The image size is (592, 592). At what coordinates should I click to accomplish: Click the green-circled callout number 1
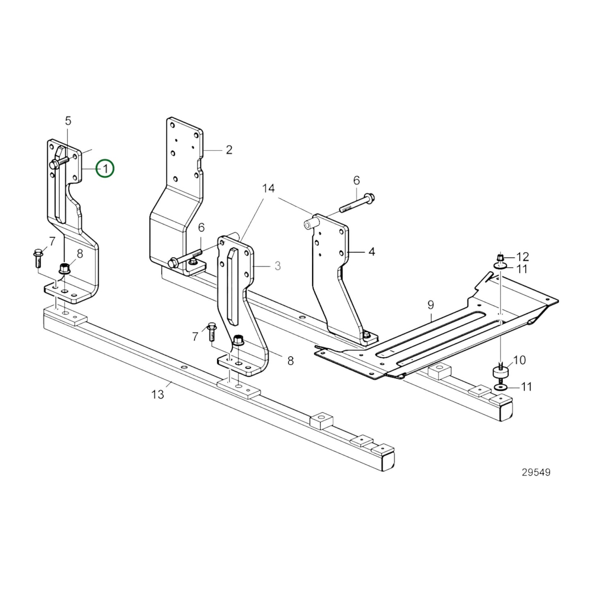pyautogui.click(x=105, y=169)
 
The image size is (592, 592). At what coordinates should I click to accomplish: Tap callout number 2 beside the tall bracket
pyautogui.click(x=229, y=150)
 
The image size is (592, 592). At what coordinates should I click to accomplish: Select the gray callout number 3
pyautogui.click(x=278, y=266)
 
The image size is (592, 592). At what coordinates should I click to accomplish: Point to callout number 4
pyautogui.click(x=372, y=252)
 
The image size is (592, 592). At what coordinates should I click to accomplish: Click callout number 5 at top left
pyautogui.click(x=68, y=121)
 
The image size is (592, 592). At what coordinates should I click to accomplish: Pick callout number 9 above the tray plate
pyautogui.click(x=431, y=305)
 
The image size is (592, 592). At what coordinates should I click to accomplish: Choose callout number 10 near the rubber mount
pyautogui.click(x=519, y=361)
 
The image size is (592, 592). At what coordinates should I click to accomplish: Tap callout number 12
pyautogui.click(x=522, y=257)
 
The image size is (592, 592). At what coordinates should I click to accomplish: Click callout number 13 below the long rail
pyautogui.click(x=158, y=394)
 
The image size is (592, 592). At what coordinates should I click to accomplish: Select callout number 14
pyautogui.click(x=269, y=189)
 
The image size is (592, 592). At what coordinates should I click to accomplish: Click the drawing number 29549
pyautogui.click(x=536, y=472)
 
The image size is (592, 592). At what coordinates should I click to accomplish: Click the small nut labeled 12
pyautogui.click(x=500, y=258)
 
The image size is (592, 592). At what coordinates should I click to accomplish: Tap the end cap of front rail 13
pyautogui.click(x=388, y=462)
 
